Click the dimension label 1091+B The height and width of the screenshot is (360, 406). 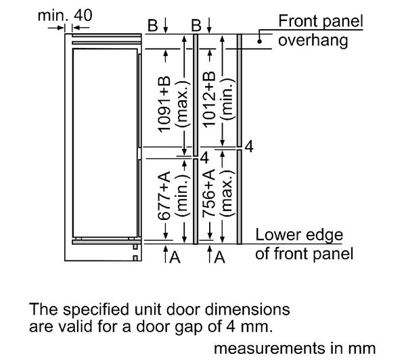pyautogui.click(x=164, y=104)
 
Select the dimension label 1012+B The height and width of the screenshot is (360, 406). pyautogui.click(x=209, y=99)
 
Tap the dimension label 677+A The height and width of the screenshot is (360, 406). pyautogui.click(x=164, y=196)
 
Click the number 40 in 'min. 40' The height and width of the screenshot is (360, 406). pyautogui.click(x=83, y=15)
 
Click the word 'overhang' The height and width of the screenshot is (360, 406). pyautogui.click(x=313, y=41)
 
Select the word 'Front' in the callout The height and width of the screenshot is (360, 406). pyautogui.click(x=298, y=21)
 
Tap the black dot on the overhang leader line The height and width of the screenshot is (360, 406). pyautogui.click(x=259, y=41)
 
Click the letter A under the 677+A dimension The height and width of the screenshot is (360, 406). pyautogui.click(x=175, y=257)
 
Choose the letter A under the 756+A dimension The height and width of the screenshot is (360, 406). pyautogui.click(x=219, y=257)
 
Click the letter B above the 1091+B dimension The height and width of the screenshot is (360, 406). pyautogui.click(x=153, y=26)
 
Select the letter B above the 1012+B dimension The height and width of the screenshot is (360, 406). pyautogui.click(x=196, y=26)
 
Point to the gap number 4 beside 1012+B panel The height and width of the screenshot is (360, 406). pyautogui.click(x=249, y=147)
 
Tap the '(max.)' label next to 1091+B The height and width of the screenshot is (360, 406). pyautogui.click(x=183, y=104)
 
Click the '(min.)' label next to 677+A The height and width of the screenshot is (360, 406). pyautogui.click(x=183, y=196)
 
